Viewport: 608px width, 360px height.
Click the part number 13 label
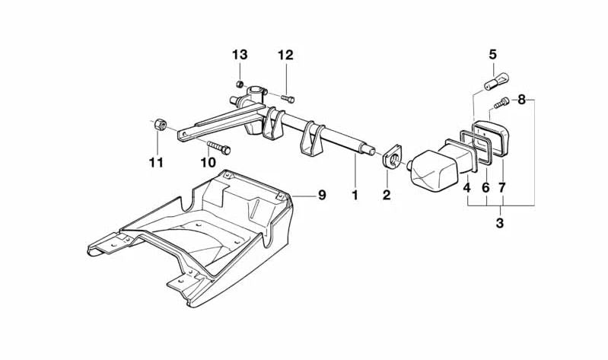240,55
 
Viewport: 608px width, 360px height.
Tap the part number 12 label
286,55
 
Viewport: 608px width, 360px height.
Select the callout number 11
156,163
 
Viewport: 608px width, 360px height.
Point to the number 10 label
208,163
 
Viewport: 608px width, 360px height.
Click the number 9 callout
322,195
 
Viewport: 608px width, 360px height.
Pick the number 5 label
492,54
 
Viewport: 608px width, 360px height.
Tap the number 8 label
521,100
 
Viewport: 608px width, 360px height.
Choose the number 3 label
500,223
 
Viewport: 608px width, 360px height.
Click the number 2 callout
387,195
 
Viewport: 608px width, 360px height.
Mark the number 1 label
355,195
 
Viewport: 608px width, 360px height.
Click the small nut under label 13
240,84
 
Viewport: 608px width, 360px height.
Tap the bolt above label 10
219,148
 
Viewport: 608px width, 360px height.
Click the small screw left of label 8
501,104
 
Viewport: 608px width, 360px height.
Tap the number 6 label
485,188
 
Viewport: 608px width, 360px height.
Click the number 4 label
467,188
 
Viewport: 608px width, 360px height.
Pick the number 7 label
502,188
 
